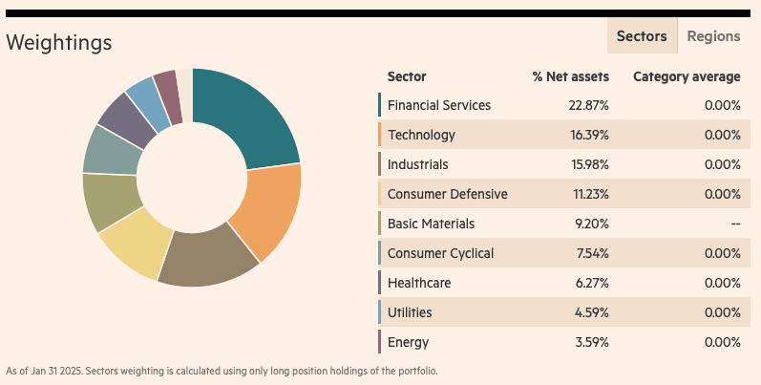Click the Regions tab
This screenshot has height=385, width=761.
pyautogui.click(x=713, y=36)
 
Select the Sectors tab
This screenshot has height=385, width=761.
pyautogui.click(x=642, y=36)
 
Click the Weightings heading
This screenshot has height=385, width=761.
pyautogui.click(x=59, y=43)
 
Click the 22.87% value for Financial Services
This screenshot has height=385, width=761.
pyautogui.click(x=589, y=105)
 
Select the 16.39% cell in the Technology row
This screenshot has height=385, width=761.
pyautogui.click(x=589, y=135)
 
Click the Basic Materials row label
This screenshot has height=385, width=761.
pyautogui.click(x=431, y=224)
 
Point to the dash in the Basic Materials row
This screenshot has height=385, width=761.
pyautogui.click(x=735, y=224)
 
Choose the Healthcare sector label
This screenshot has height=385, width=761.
pyautogui.click(x=419, y=283)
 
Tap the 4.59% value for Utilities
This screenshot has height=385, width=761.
pyautogui.click(x=592, y=312)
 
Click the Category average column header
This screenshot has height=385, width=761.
pyautogui.click(x=687, y=76)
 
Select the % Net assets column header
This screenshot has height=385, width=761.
pyautogui.click(x=570, y=76)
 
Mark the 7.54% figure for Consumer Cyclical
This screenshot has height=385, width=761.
pyautogui.click(x=592, y=253)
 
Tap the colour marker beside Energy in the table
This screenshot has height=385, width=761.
pyautogui.click(x=379, y=342)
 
